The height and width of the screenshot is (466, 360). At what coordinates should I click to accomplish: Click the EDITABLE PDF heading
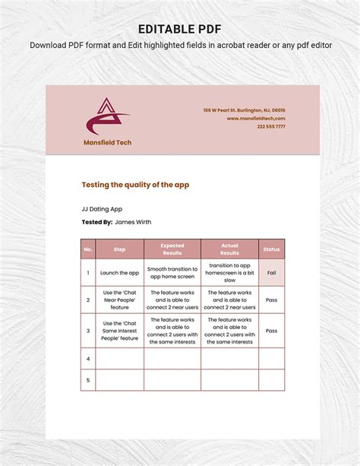coord(179,29)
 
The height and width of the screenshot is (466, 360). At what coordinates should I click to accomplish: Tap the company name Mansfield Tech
coord(107,142)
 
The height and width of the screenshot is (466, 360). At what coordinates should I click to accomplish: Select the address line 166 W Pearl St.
coord(244,110)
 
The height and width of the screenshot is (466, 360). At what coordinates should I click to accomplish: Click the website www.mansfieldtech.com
coord(256,119)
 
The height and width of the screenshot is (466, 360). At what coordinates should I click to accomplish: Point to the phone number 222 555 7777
coord(270,127)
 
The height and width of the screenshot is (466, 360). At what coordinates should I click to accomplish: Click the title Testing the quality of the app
coord(135,184)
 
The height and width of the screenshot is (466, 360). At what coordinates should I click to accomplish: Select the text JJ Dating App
coord(102,208)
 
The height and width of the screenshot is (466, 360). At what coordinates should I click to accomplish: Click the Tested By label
coord(96,222)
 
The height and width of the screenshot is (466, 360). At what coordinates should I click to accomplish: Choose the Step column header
coord(119,249)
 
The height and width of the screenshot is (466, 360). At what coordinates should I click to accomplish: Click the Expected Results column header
coord(172,249)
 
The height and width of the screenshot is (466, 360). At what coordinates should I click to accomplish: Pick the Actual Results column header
coord(229,249)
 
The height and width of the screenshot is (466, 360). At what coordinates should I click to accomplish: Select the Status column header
coord(271,249)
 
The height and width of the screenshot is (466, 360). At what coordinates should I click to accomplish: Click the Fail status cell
coord(271,273)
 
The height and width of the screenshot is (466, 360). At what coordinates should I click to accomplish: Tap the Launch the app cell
coord(120,273)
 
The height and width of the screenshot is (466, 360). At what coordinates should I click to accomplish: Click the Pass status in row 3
coord(271,331)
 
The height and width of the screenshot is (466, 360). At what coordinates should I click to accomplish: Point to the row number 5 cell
coord(88,380)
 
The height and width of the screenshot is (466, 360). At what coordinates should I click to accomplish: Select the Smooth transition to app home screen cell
coord(172,273)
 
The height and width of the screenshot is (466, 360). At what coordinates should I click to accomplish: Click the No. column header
coord(88,249)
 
